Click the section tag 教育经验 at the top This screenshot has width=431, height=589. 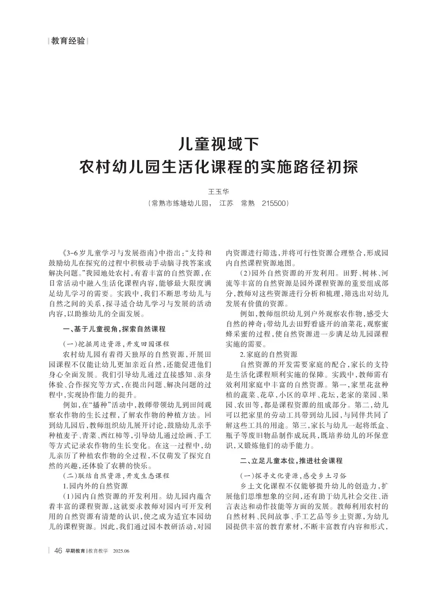click(68, 41)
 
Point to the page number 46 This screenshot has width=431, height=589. click(58, 551)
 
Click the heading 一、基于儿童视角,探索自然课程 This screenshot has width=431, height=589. click(114, 329)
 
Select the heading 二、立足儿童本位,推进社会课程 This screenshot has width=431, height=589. click(291, 460)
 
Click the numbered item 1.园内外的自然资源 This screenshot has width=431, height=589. click(95, 486)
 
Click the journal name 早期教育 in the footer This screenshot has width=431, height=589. click(75, 551)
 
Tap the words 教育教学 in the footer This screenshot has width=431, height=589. click(98, 551)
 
